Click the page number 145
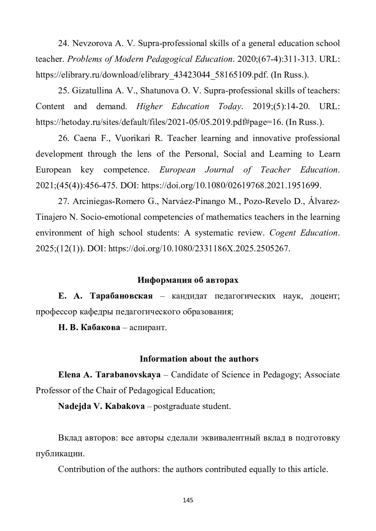coord(188,500)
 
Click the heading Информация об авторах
coord(188,280)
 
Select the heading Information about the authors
coord(199,359)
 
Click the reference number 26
coord(63,138)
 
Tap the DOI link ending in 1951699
coord(231,186)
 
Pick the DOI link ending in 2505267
coord(199,249)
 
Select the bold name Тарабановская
coord(121,296)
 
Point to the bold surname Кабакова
coord(100,328)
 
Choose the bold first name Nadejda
coord(74,406)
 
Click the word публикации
coord(60,454)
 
